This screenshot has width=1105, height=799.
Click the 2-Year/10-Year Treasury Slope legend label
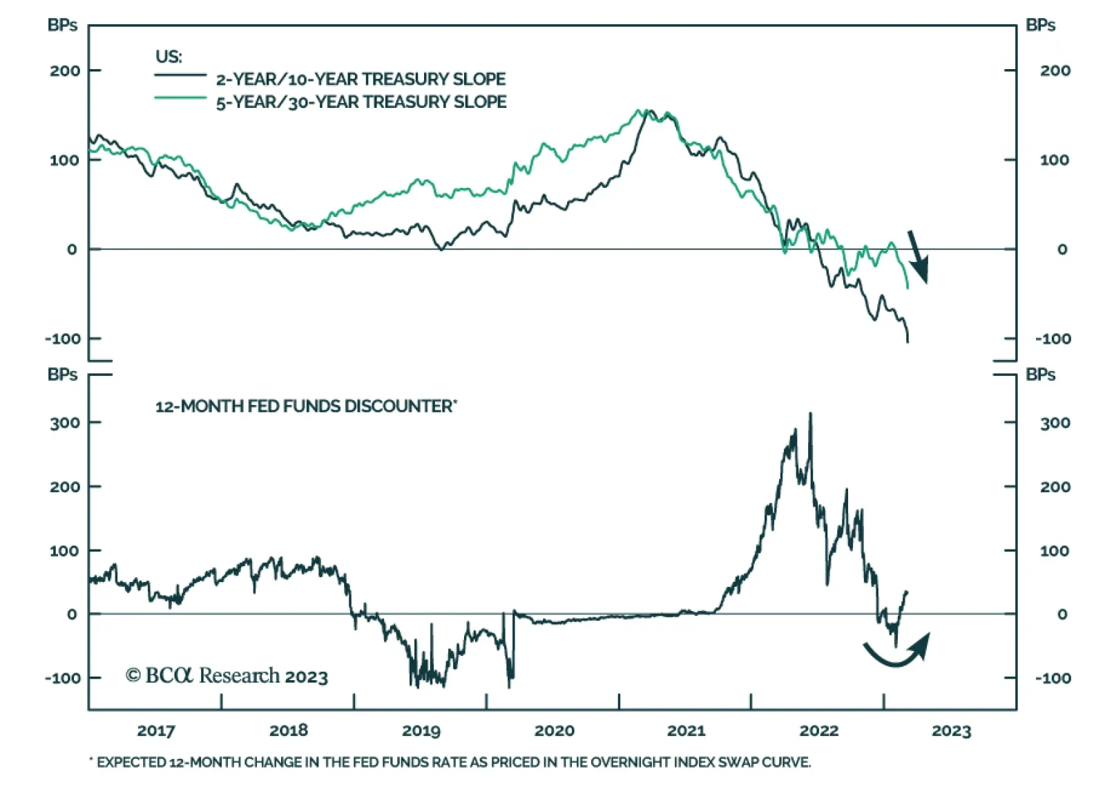(x=361, y=79)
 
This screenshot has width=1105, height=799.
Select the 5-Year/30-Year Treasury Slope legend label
(x=361, y=102)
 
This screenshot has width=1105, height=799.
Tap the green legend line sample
(x=180, y=98)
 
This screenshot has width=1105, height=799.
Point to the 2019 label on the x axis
(x=421, y=731)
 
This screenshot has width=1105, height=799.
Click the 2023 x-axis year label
(x=951, y=731)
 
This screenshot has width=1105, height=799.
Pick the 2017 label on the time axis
(x=156, y=731)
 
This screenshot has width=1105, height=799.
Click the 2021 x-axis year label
(x=686, y=731)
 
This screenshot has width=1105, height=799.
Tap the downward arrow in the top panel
(x=918, y=257)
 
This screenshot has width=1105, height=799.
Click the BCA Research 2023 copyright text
(x=227, y=675)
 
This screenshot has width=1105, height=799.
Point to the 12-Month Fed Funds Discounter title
(x=305, y=406)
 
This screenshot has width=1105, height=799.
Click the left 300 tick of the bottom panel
(x=65, y=422)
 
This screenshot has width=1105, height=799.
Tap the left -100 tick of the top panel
(x=63, y=339)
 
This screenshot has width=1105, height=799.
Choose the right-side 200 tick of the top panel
(x=1055, y=70)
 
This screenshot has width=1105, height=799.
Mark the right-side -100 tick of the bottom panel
(x=1053, y=678)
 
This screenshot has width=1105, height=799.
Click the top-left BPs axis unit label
(x=62, y=26)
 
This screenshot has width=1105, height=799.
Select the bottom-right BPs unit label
(x=1040, y=375)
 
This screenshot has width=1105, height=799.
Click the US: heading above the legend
(x=169, y=57)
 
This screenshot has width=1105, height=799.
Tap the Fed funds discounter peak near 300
(x=810, y=415)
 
